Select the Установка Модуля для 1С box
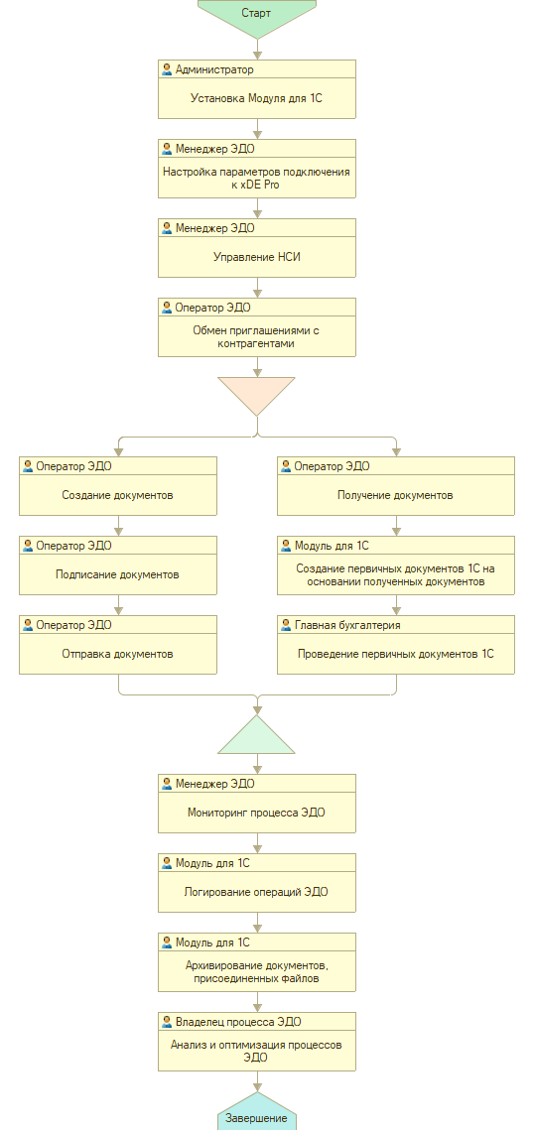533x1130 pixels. [x=257, y=88]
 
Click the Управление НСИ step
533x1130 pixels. [x=257, y=248]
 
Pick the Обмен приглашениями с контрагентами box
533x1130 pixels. [x=257, y=327]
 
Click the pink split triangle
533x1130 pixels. [x=257, y=394]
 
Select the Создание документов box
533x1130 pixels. [x=117, y=486]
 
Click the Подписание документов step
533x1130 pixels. [x=117, y=565]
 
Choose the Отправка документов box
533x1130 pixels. [x=117, y=645]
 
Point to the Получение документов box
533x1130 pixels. [x=396, y=486]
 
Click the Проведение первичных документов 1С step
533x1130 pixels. [x=396, y=645]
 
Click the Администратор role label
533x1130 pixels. [x=214, y=69]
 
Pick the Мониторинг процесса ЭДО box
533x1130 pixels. [x=257, y=804]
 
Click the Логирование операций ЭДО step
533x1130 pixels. [x=257, y=883]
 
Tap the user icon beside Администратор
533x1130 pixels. [x=168, y=69]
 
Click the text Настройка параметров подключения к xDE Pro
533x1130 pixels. [x=257, y=178]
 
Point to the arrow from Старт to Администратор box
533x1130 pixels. [x=257, y=49]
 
